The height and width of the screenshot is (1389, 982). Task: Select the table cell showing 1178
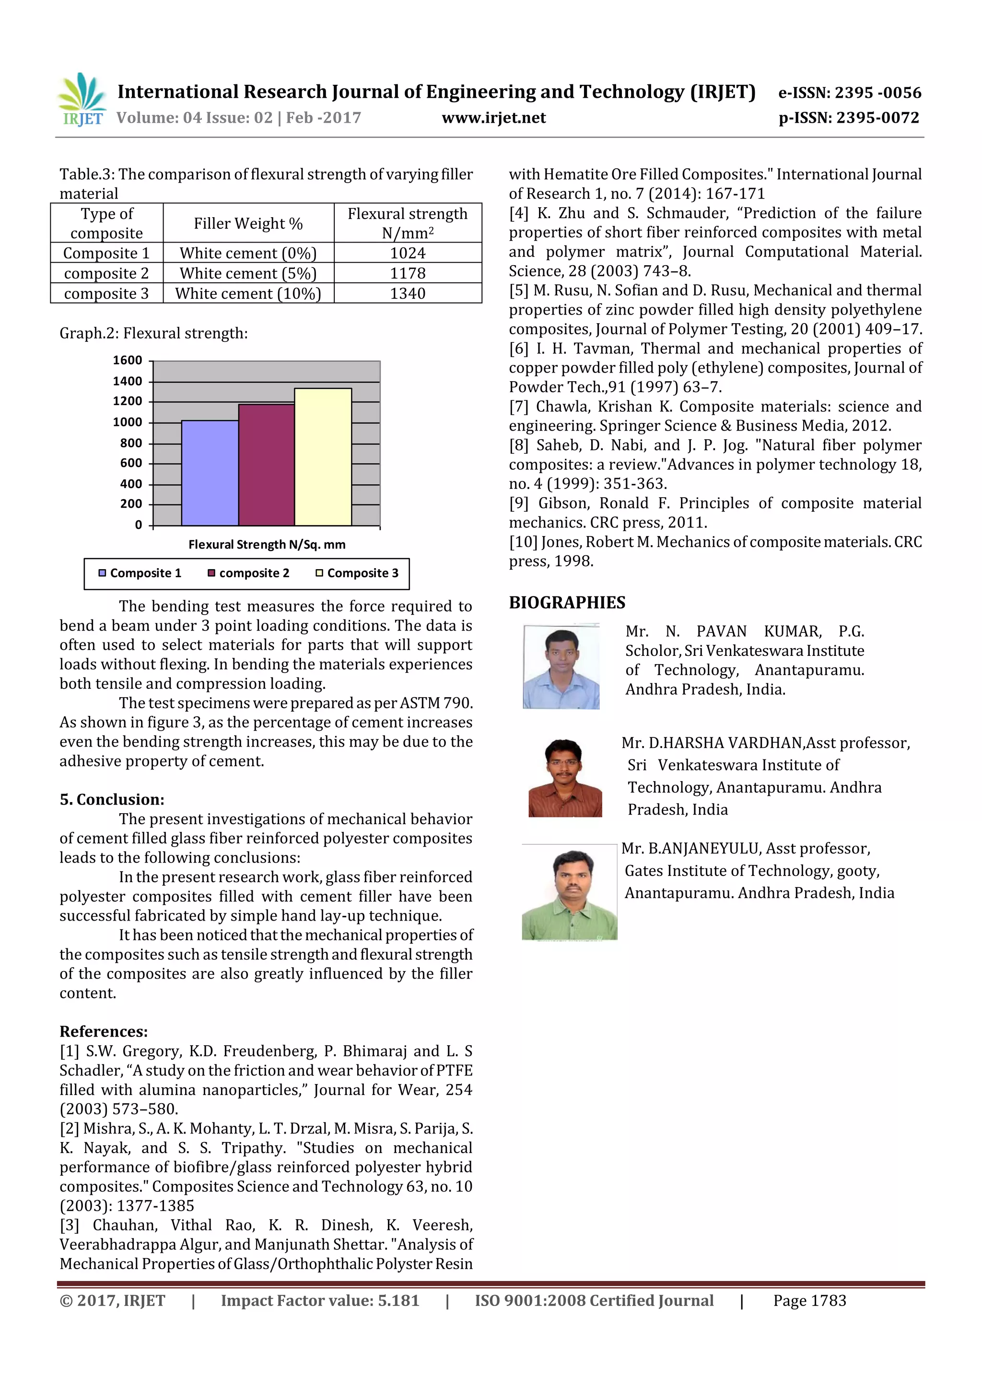coord(407,273)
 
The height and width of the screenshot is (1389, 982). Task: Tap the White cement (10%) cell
coord(248,293)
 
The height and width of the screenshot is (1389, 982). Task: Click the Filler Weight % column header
coord(248,223)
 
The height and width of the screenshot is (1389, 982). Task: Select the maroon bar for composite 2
coord(266,465)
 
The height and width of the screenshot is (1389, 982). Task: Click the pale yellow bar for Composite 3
coord(323,457)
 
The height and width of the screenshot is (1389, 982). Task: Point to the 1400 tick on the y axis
coord(128,381)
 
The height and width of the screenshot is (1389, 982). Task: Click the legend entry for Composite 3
coord(357,573)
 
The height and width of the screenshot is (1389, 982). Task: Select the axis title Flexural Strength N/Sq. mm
coord(267,545)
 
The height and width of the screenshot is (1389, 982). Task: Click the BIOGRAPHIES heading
coord(567,603)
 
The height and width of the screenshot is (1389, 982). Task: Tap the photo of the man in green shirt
coord(569,892)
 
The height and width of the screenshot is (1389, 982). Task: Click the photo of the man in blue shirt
coord(561,666)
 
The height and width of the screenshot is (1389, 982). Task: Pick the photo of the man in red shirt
coord(565,778)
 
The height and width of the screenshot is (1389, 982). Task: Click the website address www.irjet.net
coord(494,118)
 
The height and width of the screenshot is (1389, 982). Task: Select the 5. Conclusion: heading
coord(112,799)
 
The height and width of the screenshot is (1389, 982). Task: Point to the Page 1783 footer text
coord(809,1301)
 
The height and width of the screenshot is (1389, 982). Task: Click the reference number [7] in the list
coord(519,407)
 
